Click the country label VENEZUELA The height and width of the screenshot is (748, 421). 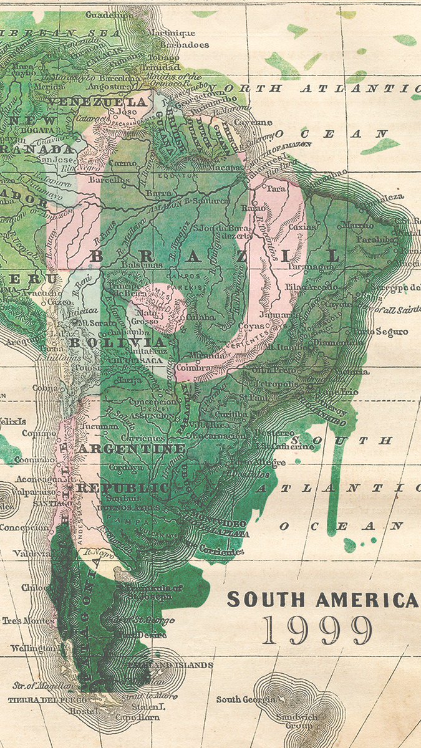(x=99, y=102)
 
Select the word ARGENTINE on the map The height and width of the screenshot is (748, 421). (x=131, y=449)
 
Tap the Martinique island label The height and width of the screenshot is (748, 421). (x=169, y=32)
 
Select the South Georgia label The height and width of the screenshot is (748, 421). (x=246, y=699)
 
